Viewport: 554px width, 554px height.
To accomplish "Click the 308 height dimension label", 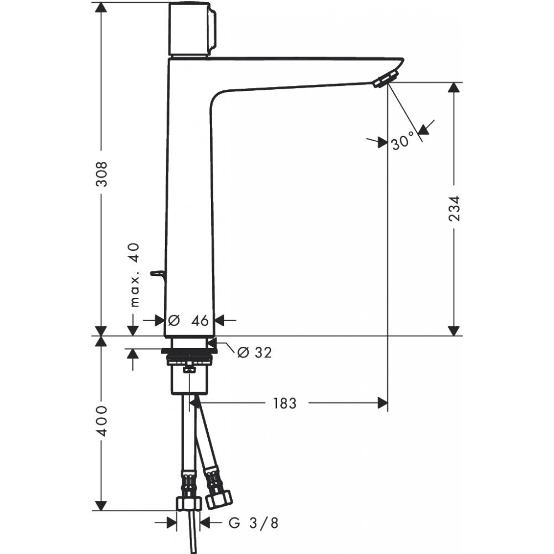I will click(101, 173).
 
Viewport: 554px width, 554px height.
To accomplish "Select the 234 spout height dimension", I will click(454, 208).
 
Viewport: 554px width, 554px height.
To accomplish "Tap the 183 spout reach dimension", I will click(284, 403).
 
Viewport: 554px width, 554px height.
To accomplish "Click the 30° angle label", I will click(403, 142).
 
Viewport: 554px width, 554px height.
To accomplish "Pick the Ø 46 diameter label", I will click(188, 320).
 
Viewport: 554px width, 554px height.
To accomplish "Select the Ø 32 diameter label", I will click(254, 352).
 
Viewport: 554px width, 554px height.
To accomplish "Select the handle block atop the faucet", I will click(192, 29).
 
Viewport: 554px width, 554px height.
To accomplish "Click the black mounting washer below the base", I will click(188, 351).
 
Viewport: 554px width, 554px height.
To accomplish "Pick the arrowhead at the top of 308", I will click(101, 8).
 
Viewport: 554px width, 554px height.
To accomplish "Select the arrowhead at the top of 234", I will click(454, 88).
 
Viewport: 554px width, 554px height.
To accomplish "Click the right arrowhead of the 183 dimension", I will click(382, 403).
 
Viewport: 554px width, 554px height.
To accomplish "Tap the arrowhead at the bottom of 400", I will click(101, 505).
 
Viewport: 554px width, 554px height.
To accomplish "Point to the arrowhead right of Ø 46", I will click(219, 320).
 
